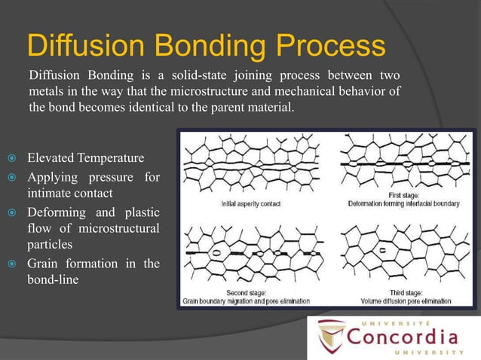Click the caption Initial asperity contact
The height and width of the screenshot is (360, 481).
click(x=251, y=203)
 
